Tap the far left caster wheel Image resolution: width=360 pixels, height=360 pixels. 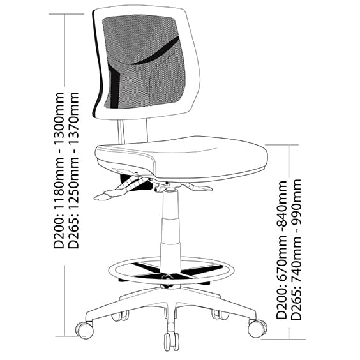click(x=85, y=330)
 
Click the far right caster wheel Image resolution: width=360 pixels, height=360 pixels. click(x=257, y=328)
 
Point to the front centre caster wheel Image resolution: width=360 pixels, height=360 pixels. click(x=171, y=340)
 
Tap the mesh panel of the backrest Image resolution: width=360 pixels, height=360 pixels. click(x=144, y=61)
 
